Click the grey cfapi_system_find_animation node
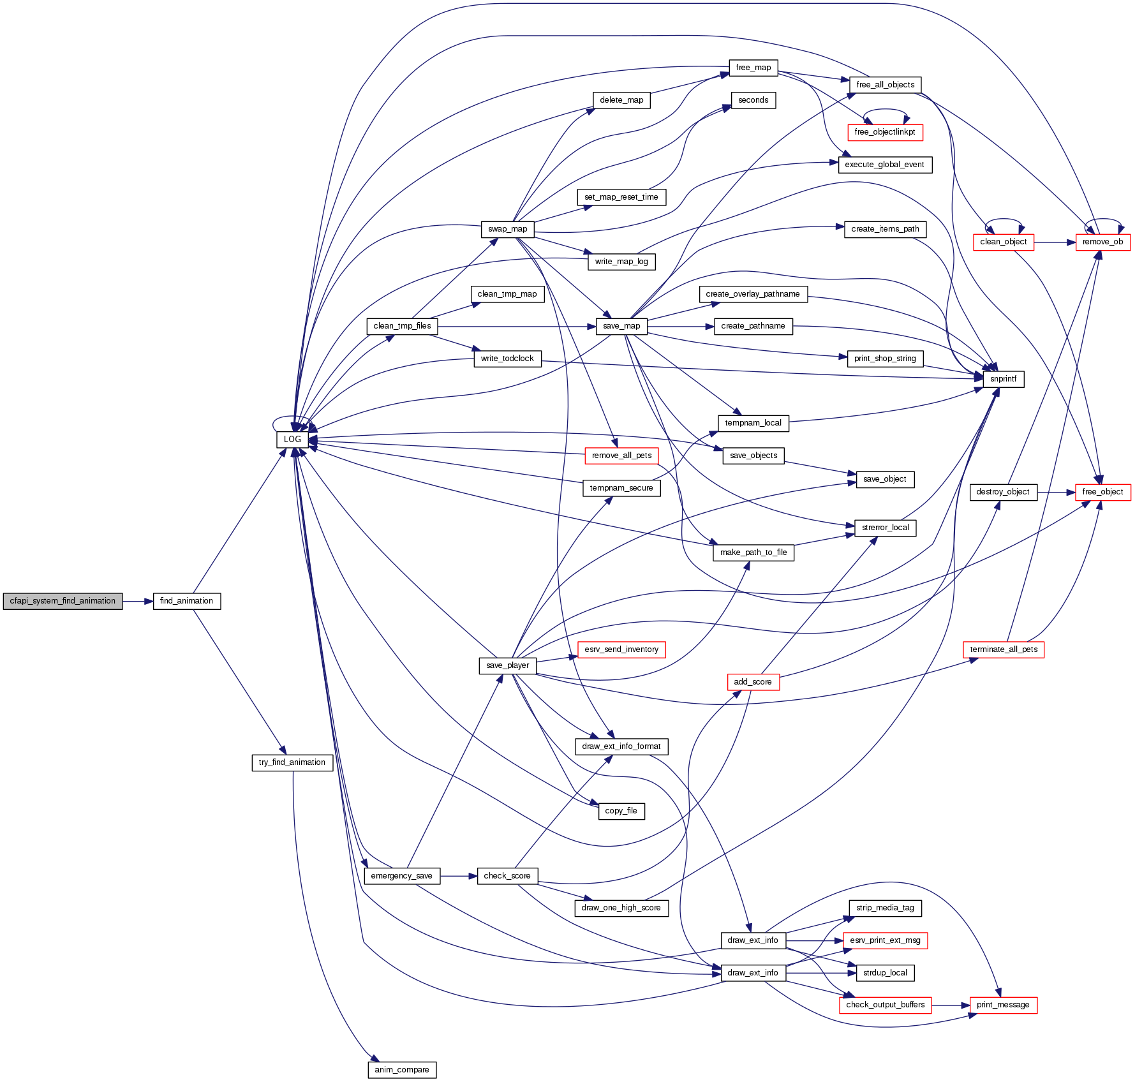(x=63, y=601)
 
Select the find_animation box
(x=186, y=601)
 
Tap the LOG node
(x=292, y=440)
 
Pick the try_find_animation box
(x=292, y=762)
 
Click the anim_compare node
(x=402, y=1070)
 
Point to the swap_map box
(x=507, y=229)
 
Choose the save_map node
(x=621, y=326)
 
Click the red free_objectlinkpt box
(x=885, y=132)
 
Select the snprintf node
(x=1003, y=379)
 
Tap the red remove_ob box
(x=1102, y=242)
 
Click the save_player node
(x=507, y=665)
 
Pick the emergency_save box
(x=401, y=876)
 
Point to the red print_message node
(x=1003, y=1005)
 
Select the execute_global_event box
(x=884, y=165)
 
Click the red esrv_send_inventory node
(x=621, y=649)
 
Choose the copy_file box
(x=621, y=811)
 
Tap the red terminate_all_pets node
(x=1003, y=649)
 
